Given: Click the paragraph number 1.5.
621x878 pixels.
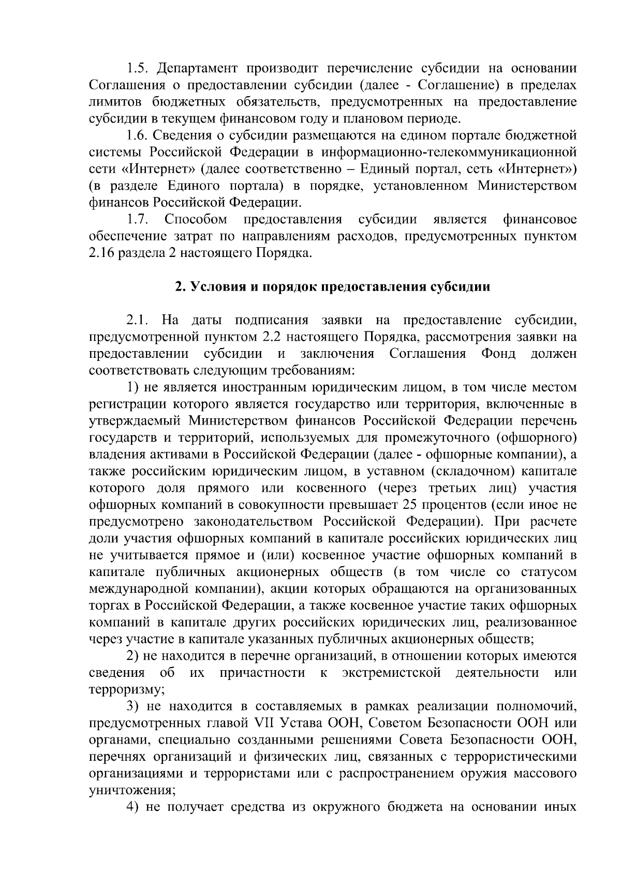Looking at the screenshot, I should (x=138, y=68).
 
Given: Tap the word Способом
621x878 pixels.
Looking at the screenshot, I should (x=196, y=220).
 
